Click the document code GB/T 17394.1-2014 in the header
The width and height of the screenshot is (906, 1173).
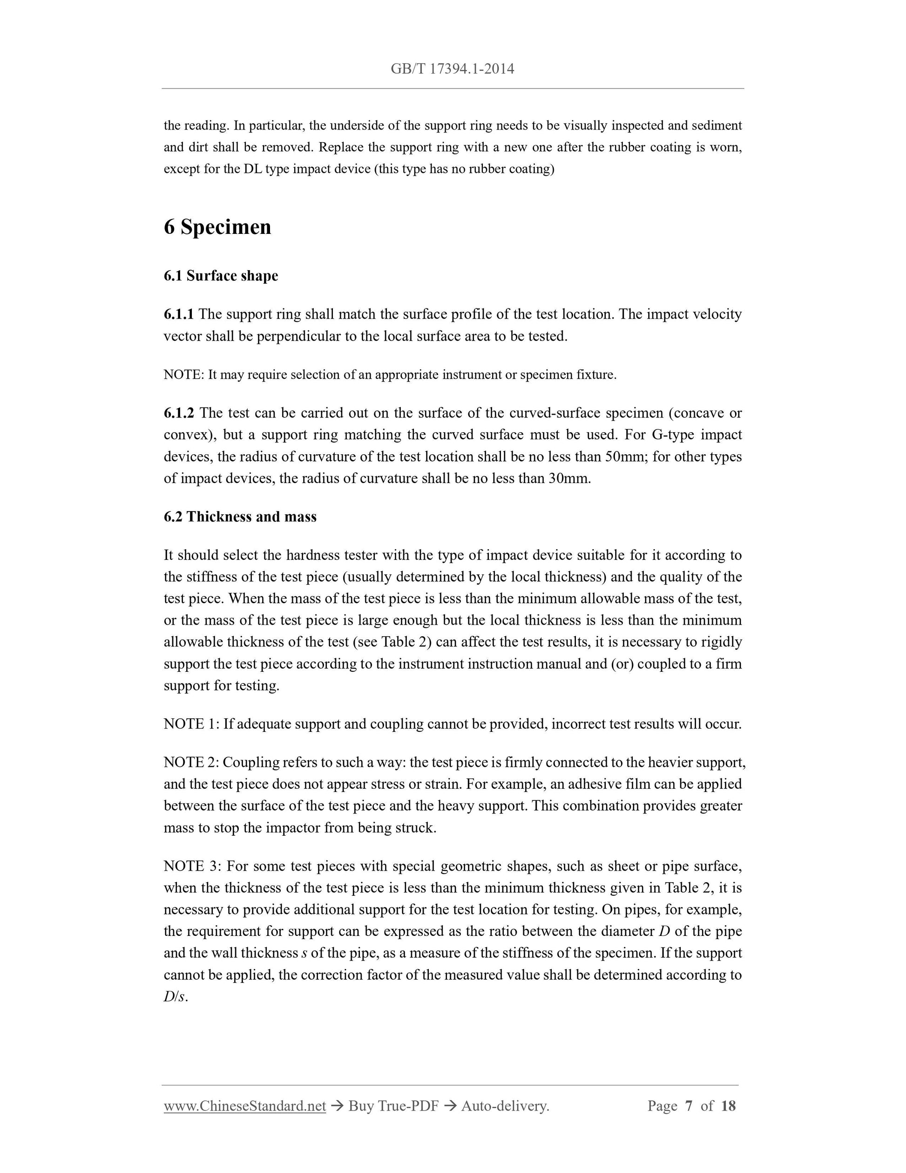pyautogui.click(x=453, y=69)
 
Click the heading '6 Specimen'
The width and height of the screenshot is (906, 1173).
pyautogui.click(x=217, y=227)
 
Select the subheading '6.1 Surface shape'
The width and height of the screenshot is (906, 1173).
pyautogui.click(x=221, y=276)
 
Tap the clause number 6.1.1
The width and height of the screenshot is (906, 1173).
pyautogui.click(x=178, y=314)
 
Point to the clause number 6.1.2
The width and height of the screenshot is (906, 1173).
pyautogui.click(x=179, y=413)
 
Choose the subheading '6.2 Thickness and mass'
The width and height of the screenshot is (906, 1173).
pyautogui.click(x=240, y=517)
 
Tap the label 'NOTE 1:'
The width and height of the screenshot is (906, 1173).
pyautogui.click(x=191, y=724)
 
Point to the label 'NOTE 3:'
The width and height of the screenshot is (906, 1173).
pyautogui.click(x=192, y=866)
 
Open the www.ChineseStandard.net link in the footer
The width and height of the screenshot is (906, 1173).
pyautogui.click(x=245, y=1106)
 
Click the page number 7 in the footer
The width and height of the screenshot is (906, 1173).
pyautogui.click(x=689, y=1106)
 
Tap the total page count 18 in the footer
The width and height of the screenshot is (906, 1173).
pyautogui.click(x=728, y=1106)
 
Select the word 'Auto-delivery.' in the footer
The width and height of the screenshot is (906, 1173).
pyautogui.click(x=505, y=1106)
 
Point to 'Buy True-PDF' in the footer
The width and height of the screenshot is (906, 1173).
pyautogui.click(x=393, y=1106)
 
